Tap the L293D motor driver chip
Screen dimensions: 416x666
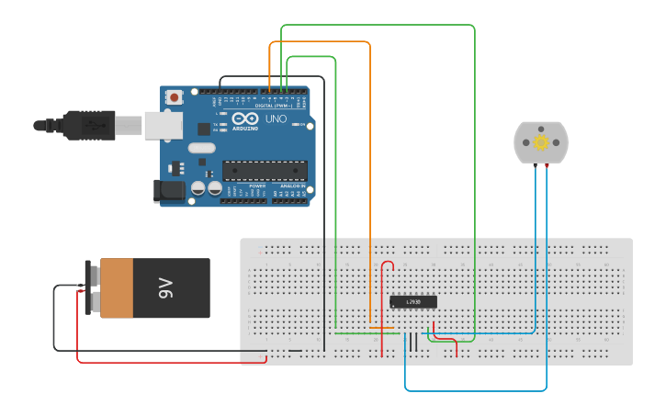[412, 301]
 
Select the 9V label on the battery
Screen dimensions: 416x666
[166, 288]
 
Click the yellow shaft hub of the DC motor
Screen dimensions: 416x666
[541, 142]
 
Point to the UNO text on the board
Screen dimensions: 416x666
[276, 119]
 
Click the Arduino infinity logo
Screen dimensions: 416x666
[245, 119]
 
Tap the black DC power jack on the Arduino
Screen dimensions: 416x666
[170, 191]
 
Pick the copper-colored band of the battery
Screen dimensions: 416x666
[117, 288]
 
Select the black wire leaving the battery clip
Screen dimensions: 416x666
[54, 321]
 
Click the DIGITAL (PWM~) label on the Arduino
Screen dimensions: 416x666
[281, 106]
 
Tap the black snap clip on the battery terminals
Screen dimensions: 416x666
[92, 288]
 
